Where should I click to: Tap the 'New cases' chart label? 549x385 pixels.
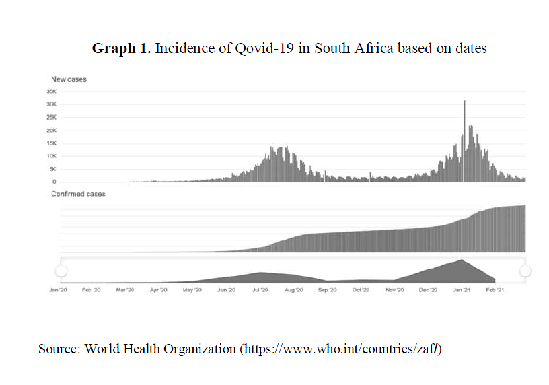point(69,79)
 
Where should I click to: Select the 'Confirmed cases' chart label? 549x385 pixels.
point(78,194)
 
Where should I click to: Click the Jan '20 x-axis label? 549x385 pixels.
point(59,290)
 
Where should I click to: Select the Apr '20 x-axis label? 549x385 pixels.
point(158,290)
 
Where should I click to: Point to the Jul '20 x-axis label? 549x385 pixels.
point(260,290)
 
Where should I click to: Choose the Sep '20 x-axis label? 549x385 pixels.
point(328,290)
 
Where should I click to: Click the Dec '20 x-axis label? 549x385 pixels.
point(428,290)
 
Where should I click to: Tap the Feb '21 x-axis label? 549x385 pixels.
point(495,290)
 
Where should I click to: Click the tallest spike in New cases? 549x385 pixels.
point(464,102)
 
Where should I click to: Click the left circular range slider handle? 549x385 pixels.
point(61,271)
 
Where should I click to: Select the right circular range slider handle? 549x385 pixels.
point(525,271)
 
